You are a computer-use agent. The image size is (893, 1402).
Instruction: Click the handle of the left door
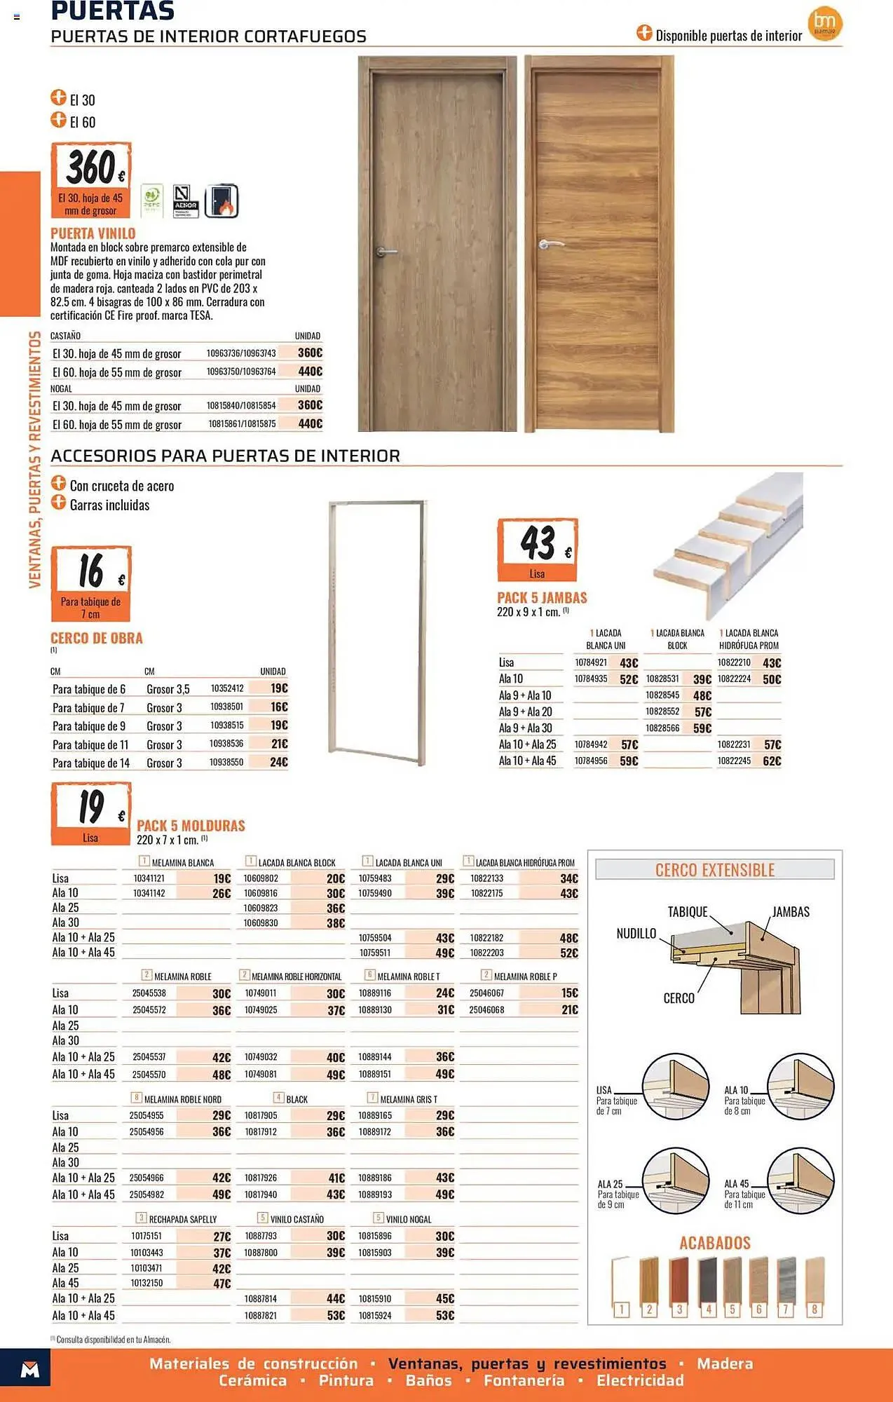(x=386, y=251)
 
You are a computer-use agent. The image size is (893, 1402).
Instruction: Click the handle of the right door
(x=551, y=244)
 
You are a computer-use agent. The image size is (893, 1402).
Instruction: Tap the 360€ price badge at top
(x=91, y=179)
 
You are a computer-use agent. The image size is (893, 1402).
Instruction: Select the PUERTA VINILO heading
(x=93, y=233)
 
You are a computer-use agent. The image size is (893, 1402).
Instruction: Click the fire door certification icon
(x=221, y=201)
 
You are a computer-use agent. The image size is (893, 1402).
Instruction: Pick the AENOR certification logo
(x=186, y=201)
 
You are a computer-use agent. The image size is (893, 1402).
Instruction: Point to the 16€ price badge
(x=91, y=583)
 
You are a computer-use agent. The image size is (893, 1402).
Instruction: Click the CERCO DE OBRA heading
(x=97, y=638)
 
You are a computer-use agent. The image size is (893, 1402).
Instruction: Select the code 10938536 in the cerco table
(x=227, y=744)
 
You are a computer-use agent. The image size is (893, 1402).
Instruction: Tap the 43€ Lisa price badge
(x=538, y=550)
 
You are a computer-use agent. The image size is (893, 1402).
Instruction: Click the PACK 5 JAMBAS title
(x=542, y=598)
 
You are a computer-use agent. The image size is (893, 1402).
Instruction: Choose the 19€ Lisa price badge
(x=91, y=814)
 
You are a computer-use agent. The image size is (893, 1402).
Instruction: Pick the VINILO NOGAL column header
(x=408, y=1219)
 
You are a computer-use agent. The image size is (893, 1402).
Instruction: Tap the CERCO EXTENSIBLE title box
(x=715, y=870)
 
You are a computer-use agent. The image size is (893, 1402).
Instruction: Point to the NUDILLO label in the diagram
(x=636, y=934)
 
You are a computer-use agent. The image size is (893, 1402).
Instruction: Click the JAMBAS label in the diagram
(x=791, y=912)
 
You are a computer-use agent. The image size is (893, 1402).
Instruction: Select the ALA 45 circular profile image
(x=800, y=1181)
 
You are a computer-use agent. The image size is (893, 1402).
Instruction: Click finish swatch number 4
(x=708, y=1285)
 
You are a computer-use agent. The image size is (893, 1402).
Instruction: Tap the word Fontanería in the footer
(x=524, y=1380)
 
